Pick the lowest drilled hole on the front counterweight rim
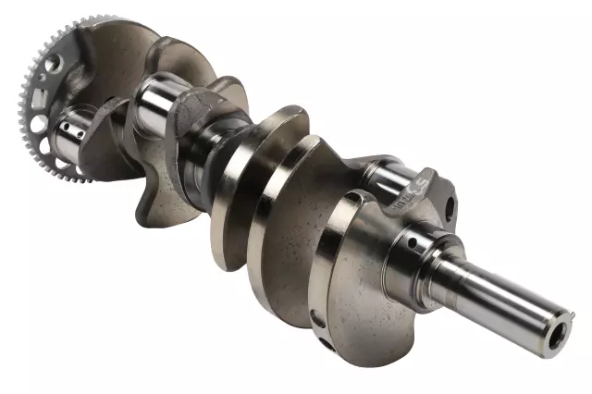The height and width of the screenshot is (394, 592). (326, 348)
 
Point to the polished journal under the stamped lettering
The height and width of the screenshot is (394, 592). (388, 176)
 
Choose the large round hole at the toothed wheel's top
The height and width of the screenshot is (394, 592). (55, 63)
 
